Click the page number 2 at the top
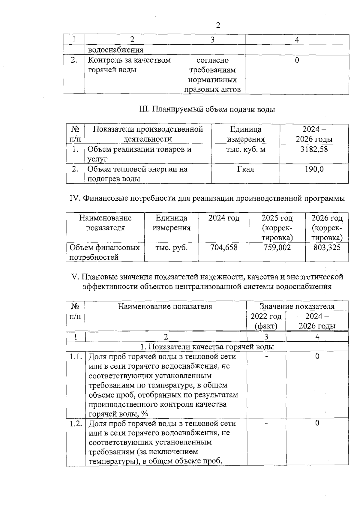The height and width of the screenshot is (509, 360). click(218, 25)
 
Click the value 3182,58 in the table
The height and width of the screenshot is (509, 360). click(314, 149)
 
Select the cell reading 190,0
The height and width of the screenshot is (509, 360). click(314, 169)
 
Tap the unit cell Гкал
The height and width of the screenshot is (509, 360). click(245, 169)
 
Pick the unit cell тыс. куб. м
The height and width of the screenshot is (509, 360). click(245, 149)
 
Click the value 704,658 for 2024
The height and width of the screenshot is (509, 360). click(224, 247)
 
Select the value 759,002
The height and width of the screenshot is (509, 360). click(277, 247)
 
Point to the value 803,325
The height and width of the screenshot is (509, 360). click(327, 247)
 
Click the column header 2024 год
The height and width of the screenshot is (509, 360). click(224, 218)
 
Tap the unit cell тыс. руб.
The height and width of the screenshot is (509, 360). click(171, 247)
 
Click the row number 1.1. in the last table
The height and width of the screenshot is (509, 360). click(76, 357)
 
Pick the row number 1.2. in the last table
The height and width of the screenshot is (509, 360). click(76, 424)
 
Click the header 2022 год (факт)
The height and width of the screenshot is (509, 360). click(266, 321)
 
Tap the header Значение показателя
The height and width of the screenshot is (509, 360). click(297, 306)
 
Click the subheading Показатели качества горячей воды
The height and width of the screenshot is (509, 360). click(207, 347)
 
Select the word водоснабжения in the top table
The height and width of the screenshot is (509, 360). click(115, 50)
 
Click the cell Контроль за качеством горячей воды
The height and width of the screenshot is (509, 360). click(129, 65)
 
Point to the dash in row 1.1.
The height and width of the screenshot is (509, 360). click(266, 357)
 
